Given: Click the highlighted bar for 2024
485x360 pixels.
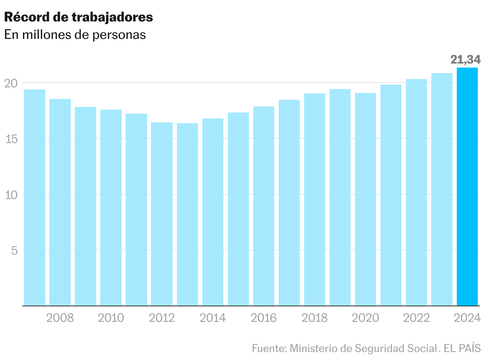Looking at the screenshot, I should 467,187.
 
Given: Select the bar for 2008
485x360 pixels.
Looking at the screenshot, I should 60,202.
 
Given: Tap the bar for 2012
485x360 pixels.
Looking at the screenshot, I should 162,214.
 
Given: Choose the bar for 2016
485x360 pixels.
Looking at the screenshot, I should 264,206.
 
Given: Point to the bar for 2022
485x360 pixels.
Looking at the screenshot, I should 416,192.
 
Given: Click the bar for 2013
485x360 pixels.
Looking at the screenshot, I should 187,215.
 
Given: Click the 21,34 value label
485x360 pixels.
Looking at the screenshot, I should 466,60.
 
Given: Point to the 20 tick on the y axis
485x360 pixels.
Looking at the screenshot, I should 11,83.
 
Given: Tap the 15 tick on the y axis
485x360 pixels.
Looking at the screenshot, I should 11,139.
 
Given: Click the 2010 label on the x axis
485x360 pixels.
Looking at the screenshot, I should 111,318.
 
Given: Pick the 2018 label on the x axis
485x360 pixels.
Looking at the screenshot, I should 314,318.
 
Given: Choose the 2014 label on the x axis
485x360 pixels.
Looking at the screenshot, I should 213,318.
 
